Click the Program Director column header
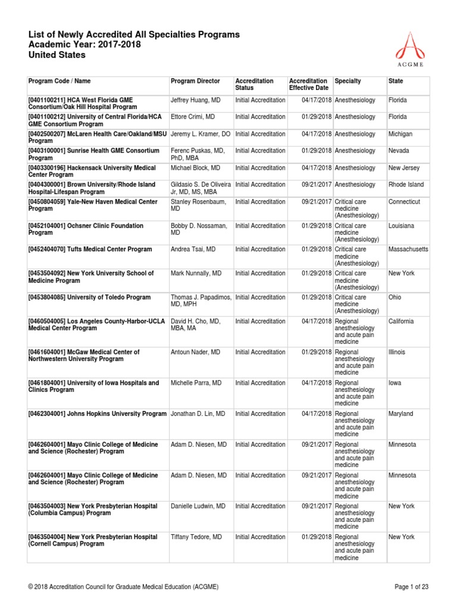click(x=195, y=81)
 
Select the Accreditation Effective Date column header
click(x=308, y=84)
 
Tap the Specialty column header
click(x=348, y=81)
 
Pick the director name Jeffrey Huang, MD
click(x=195, y=100)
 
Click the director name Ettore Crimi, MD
click(x=193, y=117)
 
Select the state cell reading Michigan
click(x=400, y=135)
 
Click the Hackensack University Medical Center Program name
click(x=92, y=172)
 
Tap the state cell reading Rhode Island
click(x=406, y=185)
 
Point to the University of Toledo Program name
click(x=89, y=297)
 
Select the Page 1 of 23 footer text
click(x=411, y=587)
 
